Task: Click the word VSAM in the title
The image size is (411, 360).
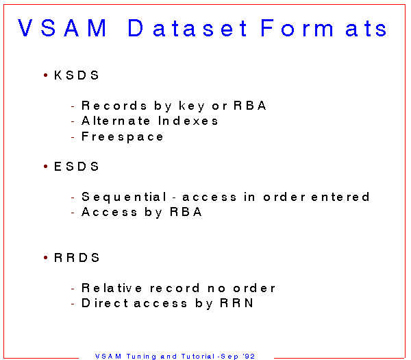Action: tap(62, 28)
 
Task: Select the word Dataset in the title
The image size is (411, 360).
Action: tap(187, 28)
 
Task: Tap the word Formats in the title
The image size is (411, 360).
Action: tap(323, 28)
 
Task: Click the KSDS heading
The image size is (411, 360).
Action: tap(76, 75)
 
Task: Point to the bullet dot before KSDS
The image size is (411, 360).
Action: tap(46, 75)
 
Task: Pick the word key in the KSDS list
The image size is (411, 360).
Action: tap(192, 106)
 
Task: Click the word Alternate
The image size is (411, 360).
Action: tap(116, 121)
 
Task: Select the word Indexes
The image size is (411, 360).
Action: tap(188, 121)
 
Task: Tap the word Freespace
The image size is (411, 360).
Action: tap(123, 137)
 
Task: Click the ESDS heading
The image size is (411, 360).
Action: tap(76, 167)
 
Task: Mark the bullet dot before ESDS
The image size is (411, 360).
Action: tap(46, 167)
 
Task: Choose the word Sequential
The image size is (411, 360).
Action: tap(124, 197)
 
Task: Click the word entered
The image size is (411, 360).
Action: tap(340, 197)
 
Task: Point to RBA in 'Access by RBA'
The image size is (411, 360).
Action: tap(186, 212)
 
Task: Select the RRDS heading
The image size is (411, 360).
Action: tap(77, 258)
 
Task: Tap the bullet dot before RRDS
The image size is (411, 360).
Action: tap(46, 258)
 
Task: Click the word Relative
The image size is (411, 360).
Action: tap(112, 288)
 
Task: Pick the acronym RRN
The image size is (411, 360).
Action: tap(237, 303)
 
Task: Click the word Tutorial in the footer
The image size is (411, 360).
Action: tap(199, 357)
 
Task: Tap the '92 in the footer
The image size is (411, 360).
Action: tap(249, 357)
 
